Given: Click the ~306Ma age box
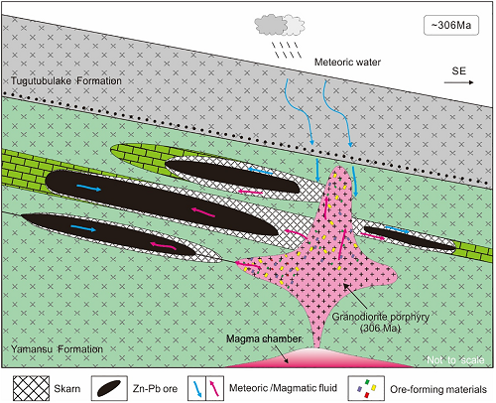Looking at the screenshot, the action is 451,25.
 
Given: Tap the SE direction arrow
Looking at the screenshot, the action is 458,82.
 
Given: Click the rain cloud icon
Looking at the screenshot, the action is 280,25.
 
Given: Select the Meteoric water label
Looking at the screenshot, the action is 347,62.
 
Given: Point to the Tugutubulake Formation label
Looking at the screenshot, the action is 66,80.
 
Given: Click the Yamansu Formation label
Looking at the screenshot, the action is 57,349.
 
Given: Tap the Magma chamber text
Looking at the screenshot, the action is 264,338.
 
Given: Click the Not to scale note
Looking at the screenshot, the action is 455,360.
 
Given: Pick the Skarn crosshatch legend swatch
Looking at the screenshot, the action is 31,388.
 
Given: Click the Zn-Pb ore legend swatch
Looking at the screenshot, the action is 109,388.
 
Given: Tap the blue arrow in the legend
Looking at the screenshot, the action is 196,388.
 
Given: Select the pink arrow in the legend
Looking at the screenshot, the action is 214,388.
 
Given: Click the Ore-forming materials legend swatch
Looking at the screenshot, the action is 366,388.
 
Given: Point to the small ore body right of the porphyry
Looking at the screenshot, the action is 410,237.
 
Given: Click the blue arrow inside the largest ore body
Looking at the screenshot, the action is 88,188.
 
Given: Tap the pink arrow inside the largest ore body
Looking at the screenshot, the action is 203,211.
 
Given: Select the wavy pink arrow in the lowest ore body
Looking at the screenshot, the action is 163,246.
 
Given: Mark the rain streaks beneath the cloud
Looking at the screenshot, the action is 287,50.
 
